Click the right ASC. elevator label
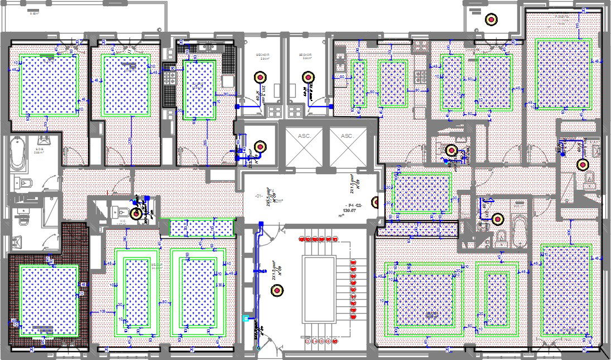tap(347, 136)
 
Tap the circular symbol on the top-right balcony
tap(490, 19)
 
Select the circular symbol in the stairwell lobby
tap(275, 289)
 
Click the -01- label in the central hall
tap(258, 196)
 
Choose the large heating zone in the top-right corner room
tap(562, 74)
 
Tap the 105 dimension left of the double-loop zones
tap(103, 311)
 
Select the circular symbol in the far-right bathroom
tap(583, 164)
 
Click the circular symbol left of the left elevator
tap(259, 147)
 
